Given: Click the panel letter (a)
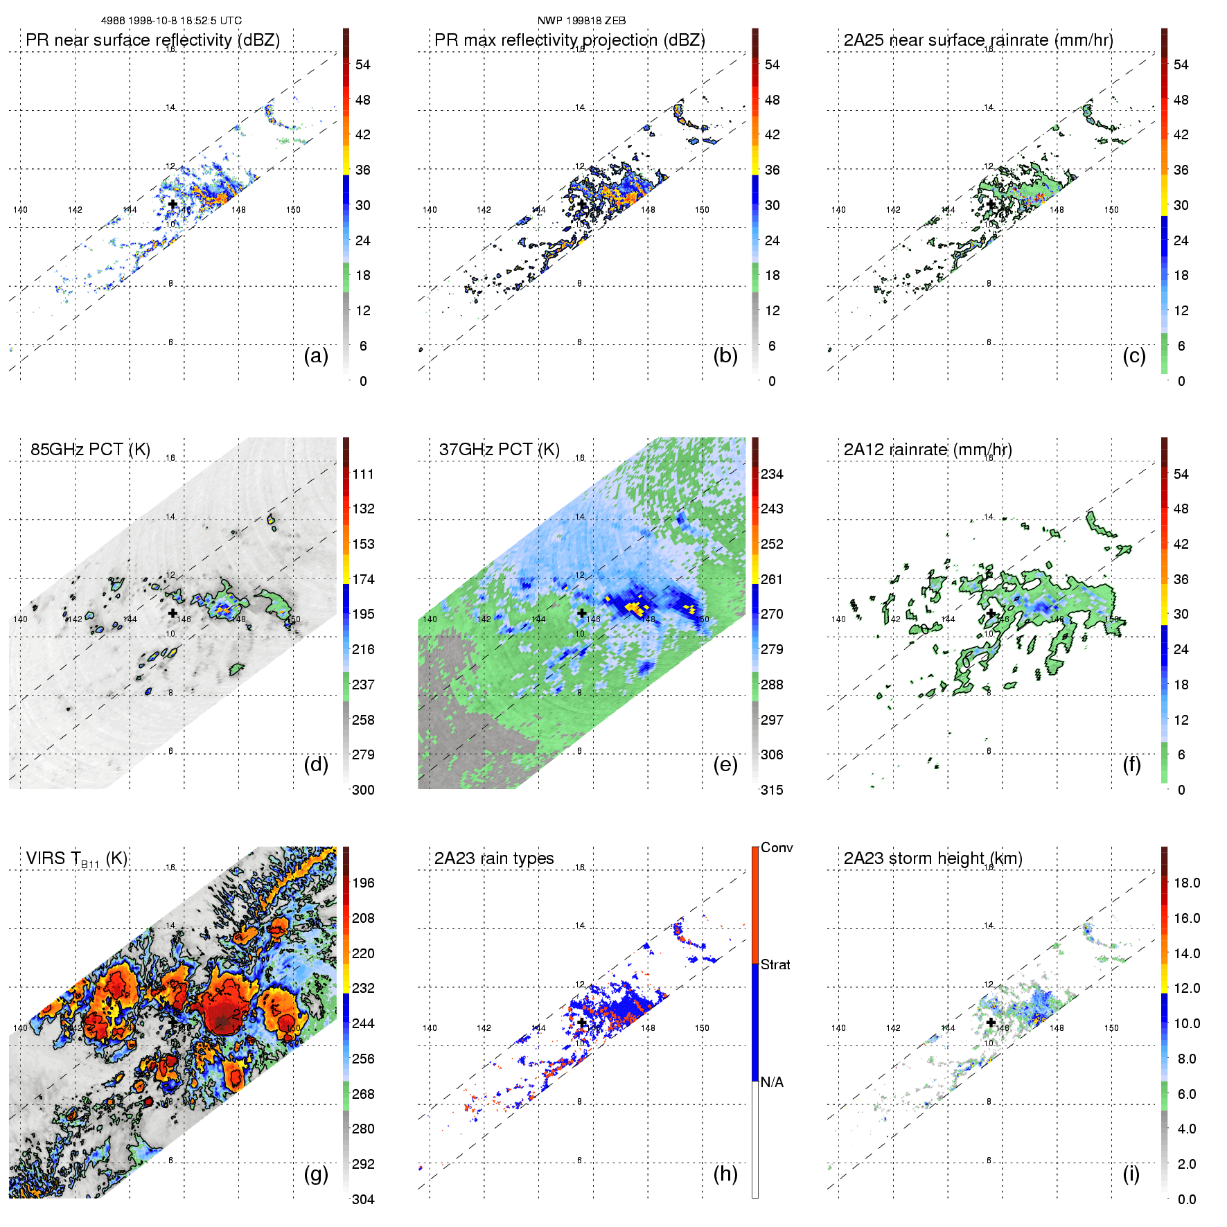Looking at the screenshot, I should (316, 356).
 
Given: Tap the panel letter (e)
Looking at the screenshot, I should (725, 765).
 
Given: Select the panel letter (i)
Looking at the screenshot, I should (1131, 1174).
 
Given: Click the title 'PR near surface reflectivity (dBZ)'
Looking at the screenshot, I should (152, 40).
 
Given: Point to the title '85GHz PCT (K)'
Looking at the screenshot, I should (90, 449).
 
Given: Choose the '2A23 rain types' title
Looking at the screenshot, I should (494, 858).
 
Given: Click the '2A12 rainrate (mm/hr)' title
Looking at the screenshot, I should (928, 449).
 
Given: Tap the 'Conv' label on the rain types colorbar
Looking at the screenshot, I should (777, 847).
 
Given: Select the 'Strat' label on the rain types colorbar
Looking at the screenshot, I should (775, 964).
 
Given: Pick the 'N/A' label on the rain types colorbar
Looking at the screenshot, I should (772, 1082).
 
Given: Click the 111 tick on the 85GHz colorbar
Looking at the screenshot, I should (363, 474).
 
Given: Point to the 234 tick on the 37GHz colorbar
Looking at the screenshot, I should (772, 474).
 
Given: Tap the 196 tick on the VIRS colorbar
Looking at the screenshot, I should (363, 883).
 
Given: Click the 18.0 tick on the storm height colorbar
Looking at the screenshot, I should (1187, 883).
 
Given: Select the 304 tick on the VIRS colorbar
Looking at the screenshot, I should (363, 1199).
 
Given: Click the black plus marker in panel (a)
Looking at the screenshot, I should (173, 204).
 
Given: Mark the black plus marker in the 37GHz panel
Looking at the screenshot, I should (582, 612).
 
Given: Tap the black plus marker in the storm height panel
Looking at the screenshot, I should (991, 1022).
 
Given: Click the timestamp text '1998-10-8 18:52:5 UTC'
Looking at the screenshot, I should (185, 21).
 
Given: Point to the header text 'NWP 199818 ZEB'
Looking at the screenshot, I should (581, 21).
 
